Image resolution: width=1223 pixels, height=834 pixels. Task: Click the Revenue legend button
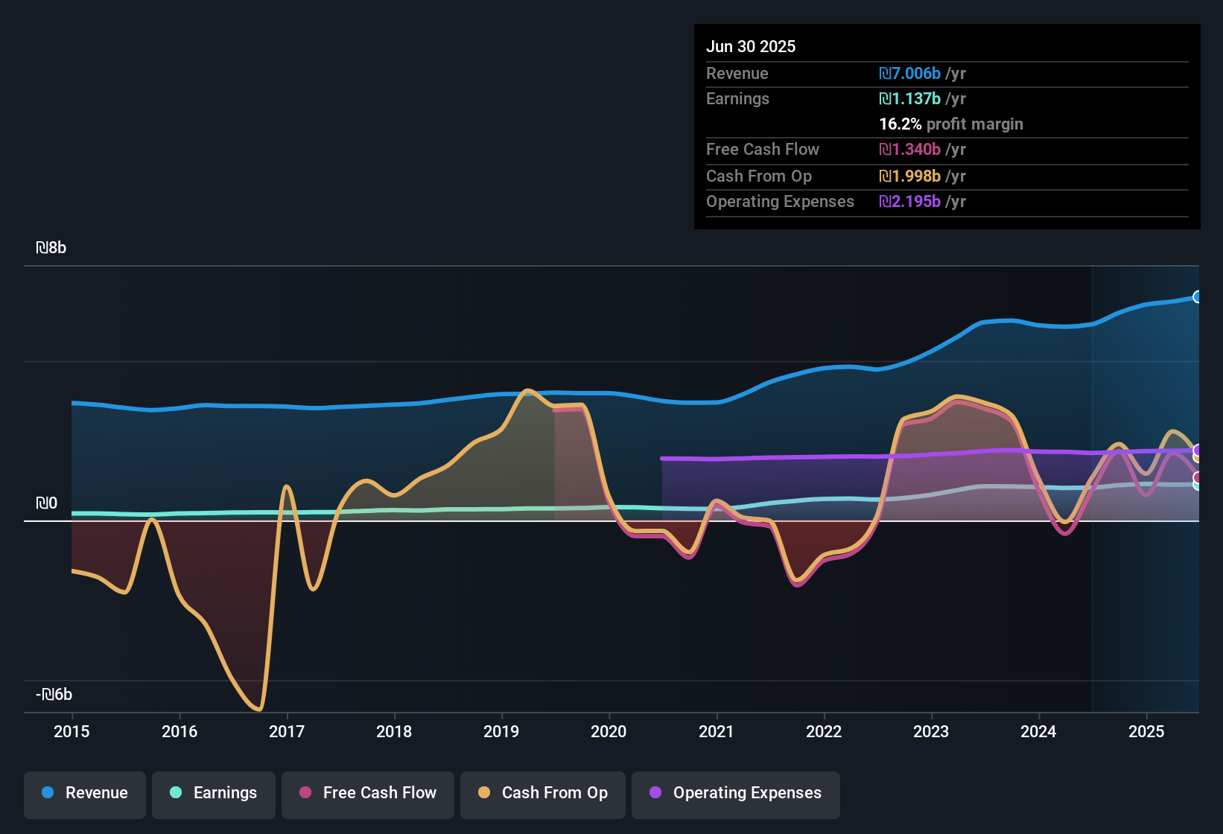pyautogui.click(x=85, y=793)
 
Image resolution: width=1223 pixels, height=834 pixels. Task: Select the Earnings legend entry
pyautogui.click(x=214, y=793)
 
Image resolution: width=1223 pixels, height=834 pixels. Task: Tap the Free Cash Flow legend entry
pyautogui.click(x=368, y=793)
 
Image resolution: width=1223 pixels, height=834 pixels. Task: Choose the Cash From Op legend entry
pyautogui.click(x=543, y=793)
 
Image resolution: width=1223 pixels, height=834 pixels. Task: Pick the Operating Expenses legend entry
pyautogui.click(x=736, y=793)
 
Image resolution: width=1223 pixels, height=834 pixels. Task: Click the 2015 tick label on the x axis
pyautogui.click(x=72, y=732)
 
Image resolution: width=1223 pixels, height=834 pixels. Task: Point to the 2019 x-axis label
pyautogui.click(x=501, y=732)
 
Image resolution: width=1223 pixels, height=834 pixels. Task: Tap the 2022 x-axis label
pyautogui.click(x=824, y=732)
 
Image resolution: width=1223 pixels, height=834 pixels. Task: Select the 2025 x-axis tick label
pyautogui.click(x=1146, y=732)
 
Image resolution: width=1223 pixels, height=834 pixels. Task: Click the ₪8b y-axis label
pyautogui.click(x=51, y=248)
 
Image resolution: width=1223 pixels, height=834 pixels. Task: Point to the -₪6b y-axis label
pyautogui.click(x=54, y=695)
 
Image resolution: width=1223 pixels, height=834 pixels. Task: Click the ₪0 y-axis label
pyautogui.click(x=47, y=503)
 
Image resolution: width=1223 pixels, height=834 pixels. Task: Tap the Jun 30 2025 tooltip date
pyautogui.click(x=751, y=47)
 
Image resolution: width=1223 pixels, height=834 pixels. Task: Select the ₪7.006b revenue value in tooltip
pyautogui.click(x=909, y=74)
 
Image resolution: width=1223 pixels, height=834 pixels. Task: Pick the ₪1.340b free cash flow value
pyautogui.click(x=909, y=150)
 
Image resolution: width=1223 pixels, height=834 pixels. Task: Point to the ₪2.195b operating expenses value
pyautogui.click(x=909, y=202)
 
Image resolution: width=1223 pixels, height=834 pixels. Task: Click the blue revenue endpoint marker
pyautogui.click(x=1197, y=297)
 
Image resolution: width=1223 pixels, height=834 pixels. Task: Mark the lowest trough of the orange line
pyautogui.click(x=258, y=709)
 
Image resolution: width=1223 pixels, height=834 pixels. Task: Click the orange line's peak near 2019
pyautogui.click(x=528, y=390)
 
